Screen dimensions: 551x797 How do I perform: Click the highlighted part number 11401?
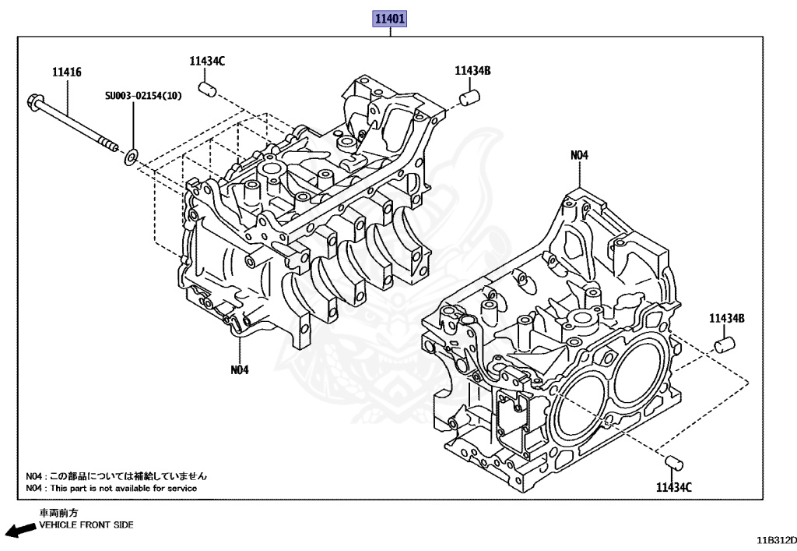coord(390,18)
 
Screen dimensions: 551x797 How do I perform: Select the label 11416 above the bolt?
coord(67,72)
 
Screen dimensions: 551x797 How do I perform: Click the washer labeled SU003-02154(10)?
coord(132,159)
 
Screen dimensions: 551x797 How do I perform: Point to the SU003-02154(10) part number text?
coord(144,96)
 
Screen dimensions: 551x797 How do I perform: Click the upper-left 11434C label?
coord(206,61)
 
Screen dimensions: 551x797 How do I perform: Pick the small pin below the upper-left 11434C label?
coord(207,89)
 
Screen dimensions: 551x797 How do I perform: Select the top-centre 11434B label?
coord(472,71)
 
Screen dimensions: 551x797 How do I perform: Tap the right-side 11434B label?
coord(727,319)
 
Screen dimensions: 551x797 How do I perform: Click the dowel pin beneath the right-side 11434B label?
coord(725,344)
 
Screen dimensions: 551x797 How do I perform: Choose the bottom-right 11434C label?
coord(673,488)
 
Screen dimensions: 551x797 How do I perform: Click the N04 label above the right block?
coord(579,155)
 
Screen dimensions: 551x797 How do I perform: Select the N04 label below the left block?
coord(239,369)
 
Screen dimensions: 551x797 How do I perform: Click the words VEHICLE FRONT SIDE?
coord(86,525)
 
